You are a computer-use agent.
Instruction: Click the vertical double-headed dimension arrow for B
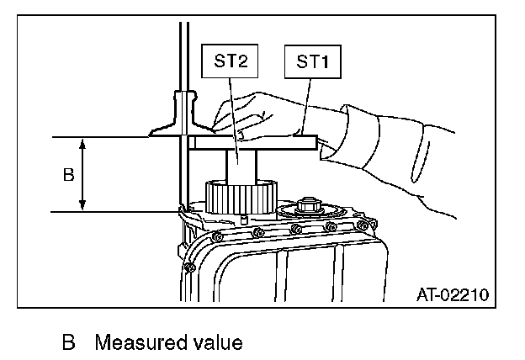82,175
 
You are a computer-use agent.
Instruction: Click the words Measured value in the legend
168,343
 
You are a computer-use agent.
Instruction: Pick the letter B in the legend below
68,343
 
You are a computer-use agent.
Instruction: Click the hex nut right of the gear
305,204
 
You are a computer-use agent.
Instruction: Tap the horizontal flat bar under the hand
252,144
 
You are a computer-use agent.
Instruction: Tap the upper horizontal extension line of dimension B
101,137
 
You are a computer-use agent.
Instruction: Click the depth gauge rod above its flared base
180,50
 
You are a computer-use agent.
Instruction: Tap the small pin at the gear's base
241,220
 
